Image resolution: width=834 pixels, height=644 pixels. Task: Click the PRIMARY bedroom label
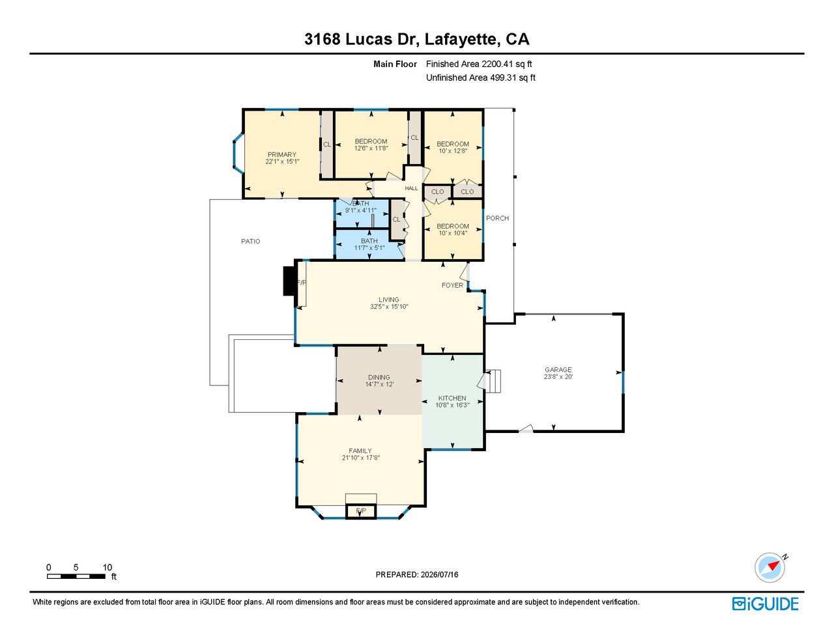coord(281,154)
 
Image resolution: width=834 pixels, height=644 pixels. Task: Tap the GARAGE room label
coord(558,370)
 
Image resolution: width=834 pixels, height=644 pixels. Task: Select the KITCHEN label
coord(452,398)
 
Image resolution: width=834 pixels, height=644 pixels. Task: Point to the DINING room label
coord(379,378)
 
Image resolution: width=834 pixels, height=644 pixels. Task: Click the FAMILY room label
coord(360,451)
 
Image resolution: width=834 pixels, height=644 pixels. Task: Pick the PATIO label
coord(251,242)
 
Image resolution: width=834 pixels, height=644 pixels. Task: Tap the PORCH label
coord(497,218)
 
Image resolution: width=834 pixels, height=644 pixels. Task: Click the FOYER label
coord(452,285)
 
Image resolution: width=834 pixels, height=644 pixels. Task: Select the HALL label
coord(411,188)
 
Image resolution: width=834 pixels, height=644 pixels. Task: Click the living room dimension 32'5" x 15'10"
coord(389,307)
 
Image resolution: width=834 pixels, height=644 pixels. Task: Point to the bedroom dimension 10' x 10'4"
coord(453,233)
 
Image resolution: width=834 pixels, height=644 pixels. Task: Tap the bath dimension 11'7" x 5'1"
coord(369,248)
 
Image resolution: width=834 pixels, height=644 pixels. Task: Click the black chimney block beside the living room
coord(289,281)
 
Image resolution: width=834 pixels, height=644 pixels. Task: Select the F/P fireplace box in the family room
coord(361,511)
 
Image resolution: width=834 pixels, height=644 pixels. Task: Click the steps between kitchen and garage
coord(493,382)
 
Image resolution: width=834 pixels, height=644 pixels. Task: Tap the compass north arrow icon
coord(770,568)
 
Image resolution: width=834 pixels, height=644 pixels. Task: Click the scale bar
coord(76,576)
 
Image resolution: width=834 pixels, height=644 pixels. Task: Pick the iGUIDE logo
coord(766,604)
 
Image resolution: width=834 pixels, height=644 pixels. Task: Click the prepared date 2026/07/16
coord(439,574)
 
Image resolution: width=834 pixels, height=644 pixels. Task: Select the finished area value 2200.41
coord(497,64)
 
